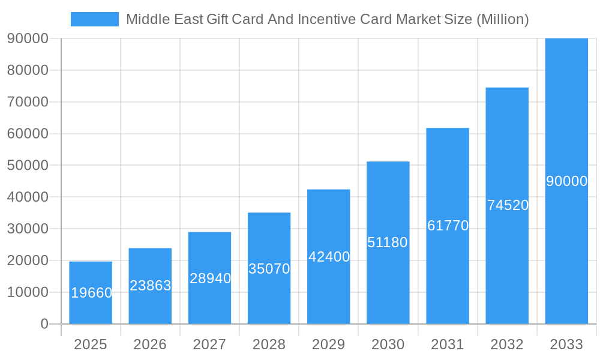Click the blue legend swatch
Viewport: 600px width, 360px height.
pyautogui.click(x=95, y=19)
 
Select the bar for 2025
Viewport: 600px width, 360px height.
pyautogui.click(x=91, y=293)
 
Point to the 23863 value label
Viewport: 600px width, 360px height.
pyautogui.click(x=151, y=286)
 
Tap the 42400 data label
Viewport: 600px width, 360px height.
pyautogui.click(x=329, y=257)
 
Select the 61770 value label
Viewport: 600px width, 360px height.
pyautogui.click(x=448, y=226)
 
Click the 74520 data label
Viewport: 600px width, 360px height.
pyautogui.click(x=508, y=205)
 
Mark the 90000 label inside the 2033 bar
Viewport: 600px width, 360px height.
pyautogui.click(x=566, y=181)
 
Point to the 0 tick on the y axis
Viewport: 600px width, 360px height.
pyautogui.click(x=44, y=324)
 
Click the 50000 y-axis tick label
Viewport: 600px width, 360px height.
pyautogui.click(x=28, y=165)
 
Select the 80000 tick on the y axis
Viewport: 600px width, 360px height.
pyautogui.click(x=28, y=70)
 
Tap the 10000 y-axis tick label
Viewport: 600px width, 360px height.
pyautogui.click(x=28, y=292)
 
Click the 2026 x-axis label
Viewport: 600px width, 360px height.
pyautogui.click(x=150, y=344)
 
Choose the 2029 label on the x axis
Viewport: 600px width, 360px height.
pyautogui.click(x=329, y=344)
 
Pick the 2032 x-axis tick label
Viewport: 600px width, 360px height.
pyautogui.click(x=507, y=344)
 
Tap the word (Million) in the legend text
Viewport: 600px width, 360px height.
pyautogui.click(x=502, y=19)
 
